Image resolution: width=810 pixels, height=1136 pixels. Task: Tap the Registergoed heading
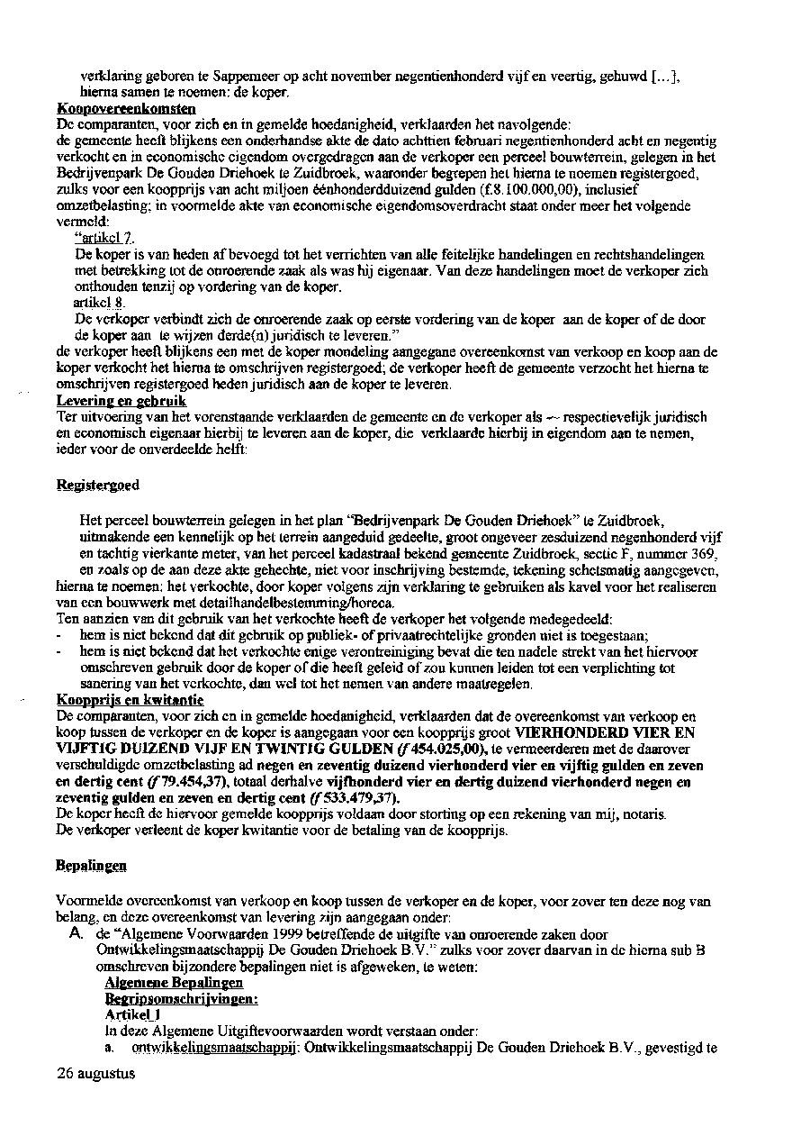97,485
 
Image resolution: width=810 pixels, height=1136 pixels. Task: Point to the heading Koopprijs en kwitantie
130,699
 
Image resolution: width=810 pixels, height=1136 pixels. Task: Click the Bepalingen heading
91,865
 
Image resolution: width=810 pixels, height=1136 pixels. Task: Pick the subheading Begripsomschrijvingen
181,998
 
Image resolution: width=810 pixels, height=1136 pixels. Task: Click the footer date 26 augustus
95,1073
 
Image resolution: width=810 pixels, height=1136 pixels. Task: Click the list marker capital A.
77,934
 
